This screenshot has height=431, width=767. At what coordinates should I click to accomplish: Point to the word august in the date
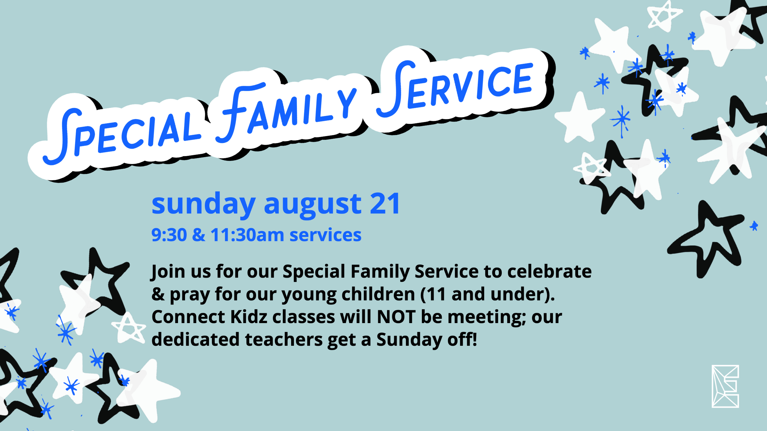coord(313,205)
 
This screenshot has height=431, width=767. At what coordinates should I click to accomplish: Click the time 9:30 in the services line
coord(169,235)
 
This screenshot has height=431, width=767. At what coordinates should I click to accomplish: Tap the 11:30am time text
coord(247,235)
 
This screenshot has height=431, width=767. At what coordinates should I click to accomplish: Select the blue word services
coord(325,235)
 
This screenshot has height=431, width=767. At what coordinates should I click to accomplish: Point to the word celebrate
coord(549,271)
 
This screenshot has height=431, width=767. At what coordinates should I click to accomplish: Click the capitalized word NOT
coord(396,317)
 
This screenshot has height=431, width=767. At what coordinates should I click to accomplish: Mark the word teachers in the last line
coord(284,340)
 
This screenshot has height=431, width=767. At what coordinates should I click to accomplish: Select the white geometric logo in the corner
coord(725,386)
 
